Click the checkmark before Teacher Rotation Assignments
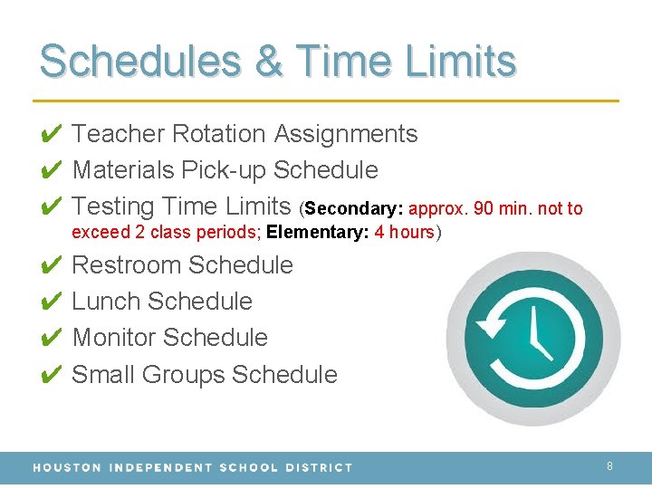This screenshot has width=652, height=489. (52, 135)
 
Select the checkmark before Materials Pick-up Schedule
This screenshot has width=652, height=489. (52, 171)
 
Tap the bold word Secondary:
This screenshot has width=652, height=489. (354, 209)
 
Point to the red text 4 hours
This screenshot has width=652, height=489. (404, 232)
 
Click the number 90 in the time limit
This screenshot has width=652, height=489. (484, 209)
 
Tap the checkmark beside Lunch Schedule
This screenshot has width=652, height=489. (52, 302)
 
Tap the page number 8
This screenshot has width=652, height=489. (609, 466)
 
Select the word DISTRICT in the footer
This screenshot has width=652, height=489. (320, 467)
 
